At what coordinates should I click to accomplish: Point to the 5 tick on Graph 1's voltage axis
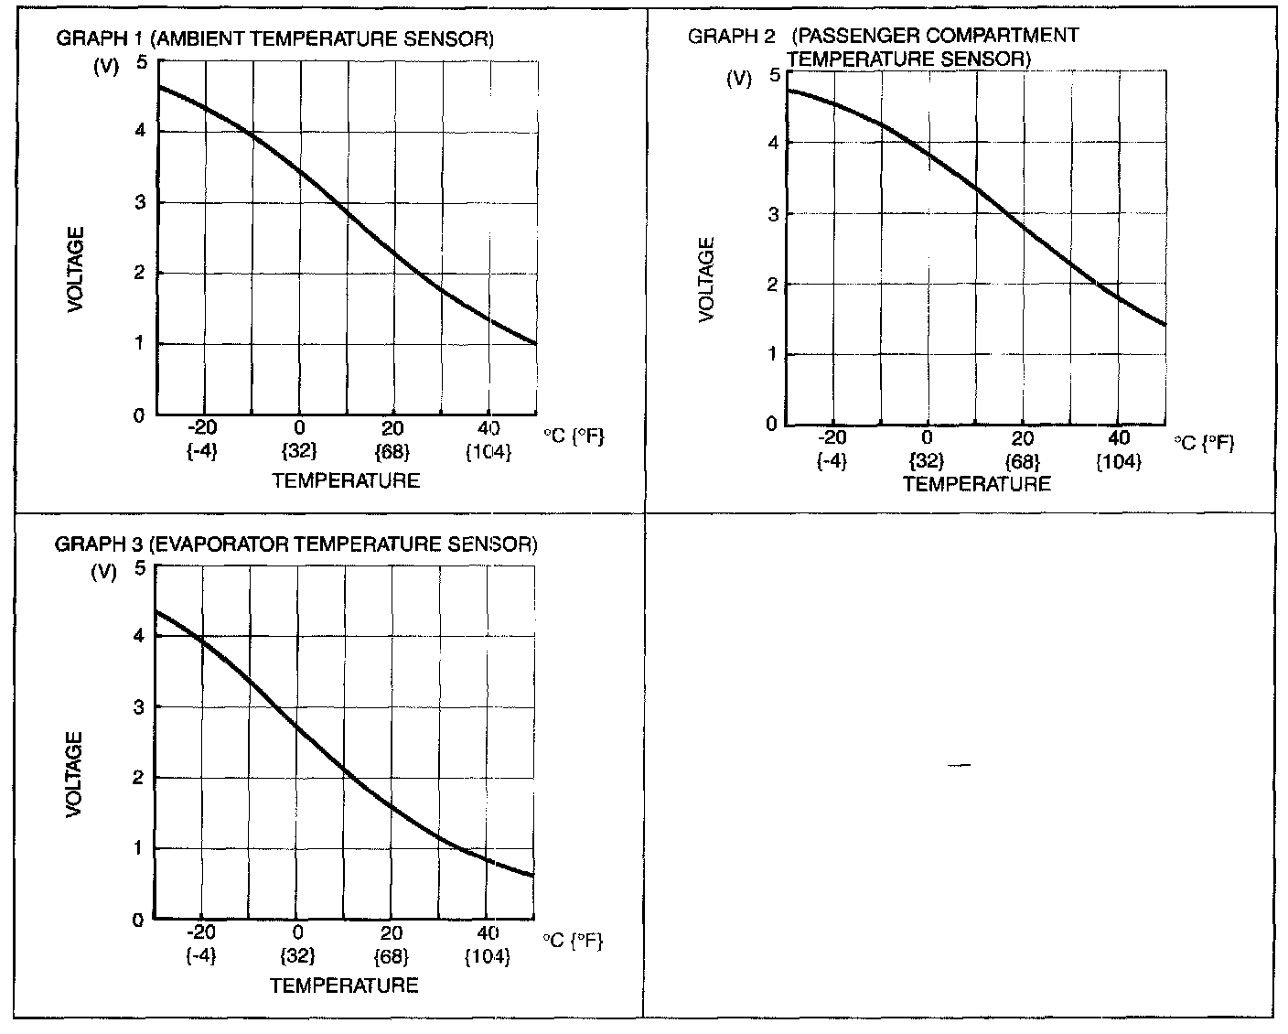pos(140,62)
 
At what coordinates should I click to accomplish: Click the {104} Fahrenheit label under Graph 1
pos(488,451)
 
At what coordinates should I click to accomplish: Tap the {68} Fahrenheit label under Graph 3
pos(392,956)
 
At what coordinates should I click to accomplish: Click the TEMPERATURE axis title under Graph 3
pos(344,986)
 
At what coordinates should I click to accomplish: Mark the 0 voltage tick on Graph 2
pos(772,424)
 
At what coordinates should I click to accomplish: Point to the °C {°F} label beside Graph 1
pos(574,436)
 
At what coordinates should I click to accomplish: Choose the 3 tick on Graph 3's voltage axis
pos(140,706)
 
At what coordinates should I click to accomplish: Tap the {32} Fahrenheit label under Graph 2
pos(927,461)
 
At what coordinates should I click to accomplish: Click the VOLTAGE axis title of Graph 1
pos(76,269)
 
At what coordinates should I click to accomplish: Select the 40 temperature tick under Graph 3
pos(487,933)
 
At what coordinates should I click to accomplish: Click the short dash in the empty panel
pos(959,765)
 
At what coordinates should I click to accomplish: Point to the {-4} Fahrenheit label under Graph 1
pos(202,451)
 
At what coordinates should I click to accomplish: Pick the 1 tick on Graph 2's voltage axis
pos(772,354)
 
